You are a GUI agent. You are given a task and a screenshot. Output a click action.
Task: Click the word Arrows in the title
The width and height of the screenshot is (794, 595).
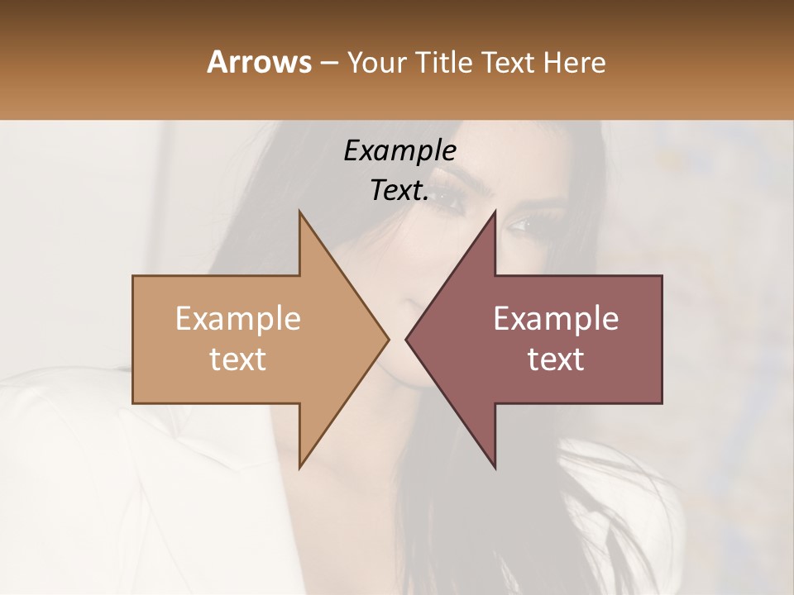259,62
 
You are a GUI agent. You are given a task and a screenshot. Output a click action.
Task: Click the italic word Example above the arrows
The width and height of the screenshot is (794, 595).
400,151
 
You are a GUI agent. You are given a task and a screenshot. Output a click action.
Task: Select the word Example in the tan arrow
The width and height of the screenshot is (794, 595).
238,319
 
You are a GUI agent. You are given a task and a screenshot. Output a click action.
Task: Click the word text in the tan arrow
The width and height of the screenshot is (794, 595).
238,359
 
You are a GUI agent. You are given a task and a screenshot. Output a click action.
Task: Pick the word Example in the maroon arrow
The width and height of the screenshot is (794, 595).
556,319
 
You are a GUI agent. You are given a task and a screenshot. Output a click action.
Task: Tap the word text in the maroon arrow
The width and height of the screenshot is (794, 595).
556,359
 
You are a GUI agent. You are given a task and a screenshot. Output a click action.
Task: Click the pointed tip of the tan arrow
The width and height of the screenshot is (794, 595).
388,339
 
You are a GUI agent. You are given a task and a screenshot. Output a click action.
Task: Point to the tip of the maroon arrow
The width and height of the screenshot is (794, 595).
406,339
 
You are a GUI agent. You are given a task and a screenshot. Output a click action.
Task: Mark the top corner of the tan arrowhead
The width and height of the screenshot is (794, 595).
300,212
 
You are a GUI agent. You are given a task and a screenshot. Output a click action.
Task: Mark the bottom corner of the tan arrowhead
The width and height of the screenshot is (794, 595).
300,468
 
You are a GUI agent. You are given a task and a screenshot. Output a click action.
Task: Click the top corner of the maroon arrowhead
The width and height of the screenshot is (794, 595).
495,212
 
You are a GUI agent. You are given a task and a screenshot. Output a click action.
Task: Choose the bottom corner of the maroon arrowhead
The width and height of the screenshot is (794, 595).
495,468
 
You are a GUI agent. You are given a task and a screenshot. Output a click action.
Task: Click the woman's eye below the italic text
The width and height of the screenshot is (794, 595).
447,198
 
